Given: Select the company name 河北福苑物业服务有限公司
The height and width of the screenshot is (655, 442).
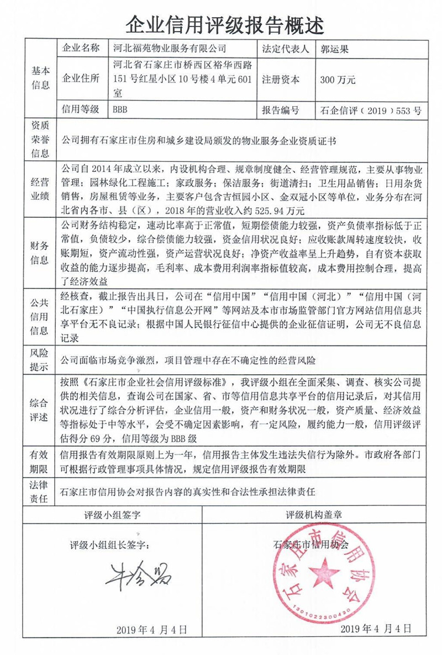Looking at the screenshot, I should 169,49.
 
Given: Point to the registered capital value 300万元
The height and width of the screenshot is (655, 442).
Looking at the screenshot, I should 338,80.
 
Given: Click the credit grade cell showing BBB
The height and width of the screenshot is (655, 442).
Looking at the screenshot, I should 120,110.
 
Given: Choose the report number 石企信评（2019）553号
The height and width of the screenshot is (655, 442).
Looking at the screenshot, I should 371,111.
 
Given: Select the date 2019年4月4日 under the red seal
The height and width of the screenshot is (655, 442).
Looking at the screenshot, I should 376,629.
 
